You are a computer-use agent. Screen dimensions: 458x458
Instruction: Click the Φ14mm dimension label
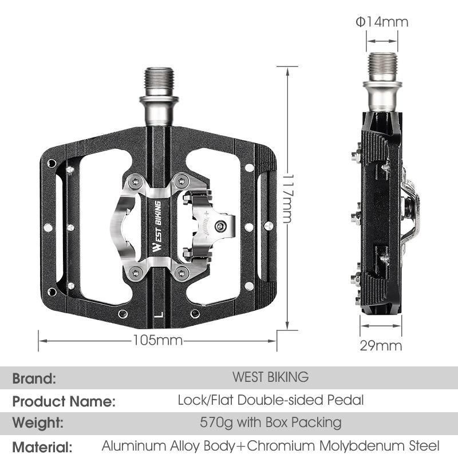381,22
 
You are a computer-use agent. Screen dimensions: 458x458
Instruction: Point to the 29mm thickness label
381,345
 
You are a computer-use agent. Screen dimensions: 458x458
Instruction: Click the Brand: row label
34,378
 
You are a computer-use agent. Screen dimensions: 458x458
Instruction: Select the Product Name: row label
64,401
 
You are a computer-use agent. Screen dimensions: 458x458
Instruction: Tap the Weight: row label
38,424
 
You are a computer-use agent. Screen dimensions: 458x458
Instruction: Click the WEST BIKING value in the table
270,377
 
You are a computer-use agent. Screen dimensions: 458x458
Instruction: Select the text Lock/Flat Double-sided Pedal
270,400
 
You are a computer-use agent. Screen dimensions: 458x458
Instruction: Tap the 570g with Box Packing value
270,423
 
